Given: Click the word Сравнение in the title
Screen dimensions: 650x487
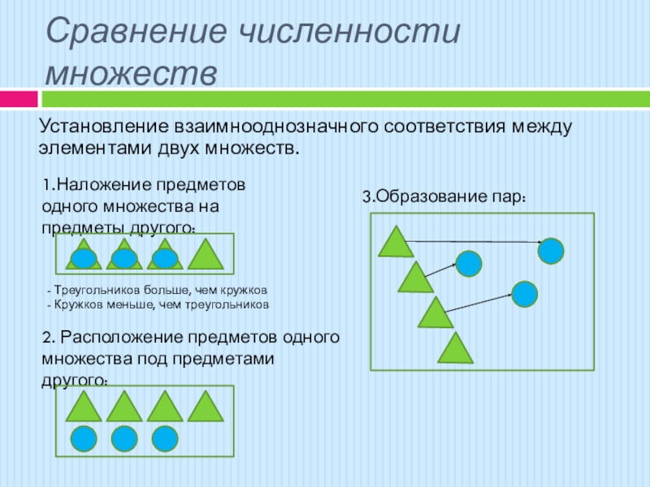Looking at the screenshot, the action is [x=136, y=32].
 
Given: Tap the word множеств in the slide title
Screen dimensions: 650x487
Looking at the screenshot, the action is [x=131, y=74].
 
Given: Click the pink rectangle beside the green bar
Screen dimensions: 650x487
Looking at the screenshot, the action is [x=19, y=99].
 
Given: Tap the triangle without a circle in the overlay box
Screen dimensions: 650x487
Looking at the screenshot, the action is [x=206, y=254].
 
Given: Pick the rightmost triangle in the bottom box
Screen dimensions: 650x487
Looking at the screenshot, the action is [x=206, y=407].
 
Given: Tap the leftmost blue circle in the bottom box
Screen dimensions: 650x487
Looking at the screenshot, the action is [x=84, y=439].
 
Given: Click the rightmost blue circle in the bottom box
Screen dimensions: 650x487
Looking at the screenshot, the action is [x=165, y=439].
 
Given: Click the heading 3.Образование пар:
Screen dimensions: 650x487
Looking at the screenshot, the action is [x=444, y=196].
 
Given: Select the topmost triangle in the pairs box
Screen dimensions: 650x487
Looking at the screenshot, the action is [x=396, y=241].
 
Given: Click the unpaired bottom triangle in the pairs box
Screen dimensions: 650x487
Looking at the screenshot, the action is [x=456, y=348].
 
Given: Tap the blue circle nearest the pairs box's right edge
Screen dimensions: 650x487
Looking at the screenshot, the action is [x=551, y=251].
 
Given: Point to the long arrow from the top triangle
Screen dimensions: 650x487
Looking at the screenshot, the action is [x=474, y=241].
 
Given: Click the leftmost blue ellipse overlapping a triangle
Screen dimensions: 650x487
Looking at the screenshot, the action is [x=84, y=259].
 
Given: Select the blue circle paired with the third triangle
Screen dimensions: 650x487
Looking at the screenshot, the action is [x=525, y=295].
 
